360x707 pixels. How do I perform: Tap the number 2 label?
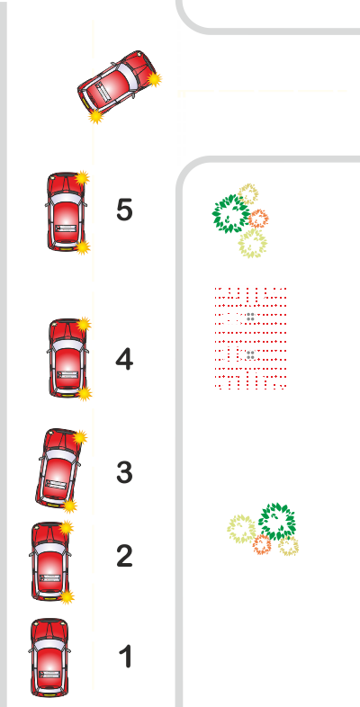(124, 556)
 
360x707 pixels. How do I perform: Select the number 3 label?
(124, 472)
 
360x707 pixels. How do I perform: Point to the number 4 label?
(124, 360)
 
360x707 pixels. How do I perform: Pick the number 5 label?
(124, 210)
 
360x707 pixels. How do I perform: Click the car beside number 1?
(49, 658)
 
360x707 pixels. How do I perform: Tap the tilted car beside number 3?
(58, 469)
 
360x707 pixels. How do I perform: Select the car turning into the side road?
(117, 84)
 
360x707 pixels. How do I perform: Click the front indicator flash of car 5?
(82, 178)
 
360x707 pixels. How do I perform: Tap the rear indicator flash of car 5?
(83, 247)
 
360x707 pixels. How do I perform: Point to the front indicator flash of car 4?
(84, 324)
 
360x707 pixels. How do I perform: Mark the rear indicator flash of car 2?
(67, 597)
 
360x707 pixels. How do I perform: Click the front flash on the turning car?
(154, 79)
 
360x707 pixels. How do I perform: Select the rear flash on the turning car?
(95, 116)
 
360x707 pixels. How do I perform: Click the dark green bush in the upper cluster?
(231, 214)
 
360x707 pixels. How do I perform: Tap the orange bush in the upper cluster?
(258, 219)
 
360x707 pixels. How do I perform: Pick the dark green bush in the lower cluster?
(277, 522)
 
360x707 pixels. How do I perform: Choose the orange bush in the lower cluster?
(262, 544)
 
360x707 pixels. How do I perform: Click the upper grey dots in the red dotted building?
(251, 317)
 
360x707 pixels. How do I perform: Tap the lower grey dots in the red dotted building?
(251, 355)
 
